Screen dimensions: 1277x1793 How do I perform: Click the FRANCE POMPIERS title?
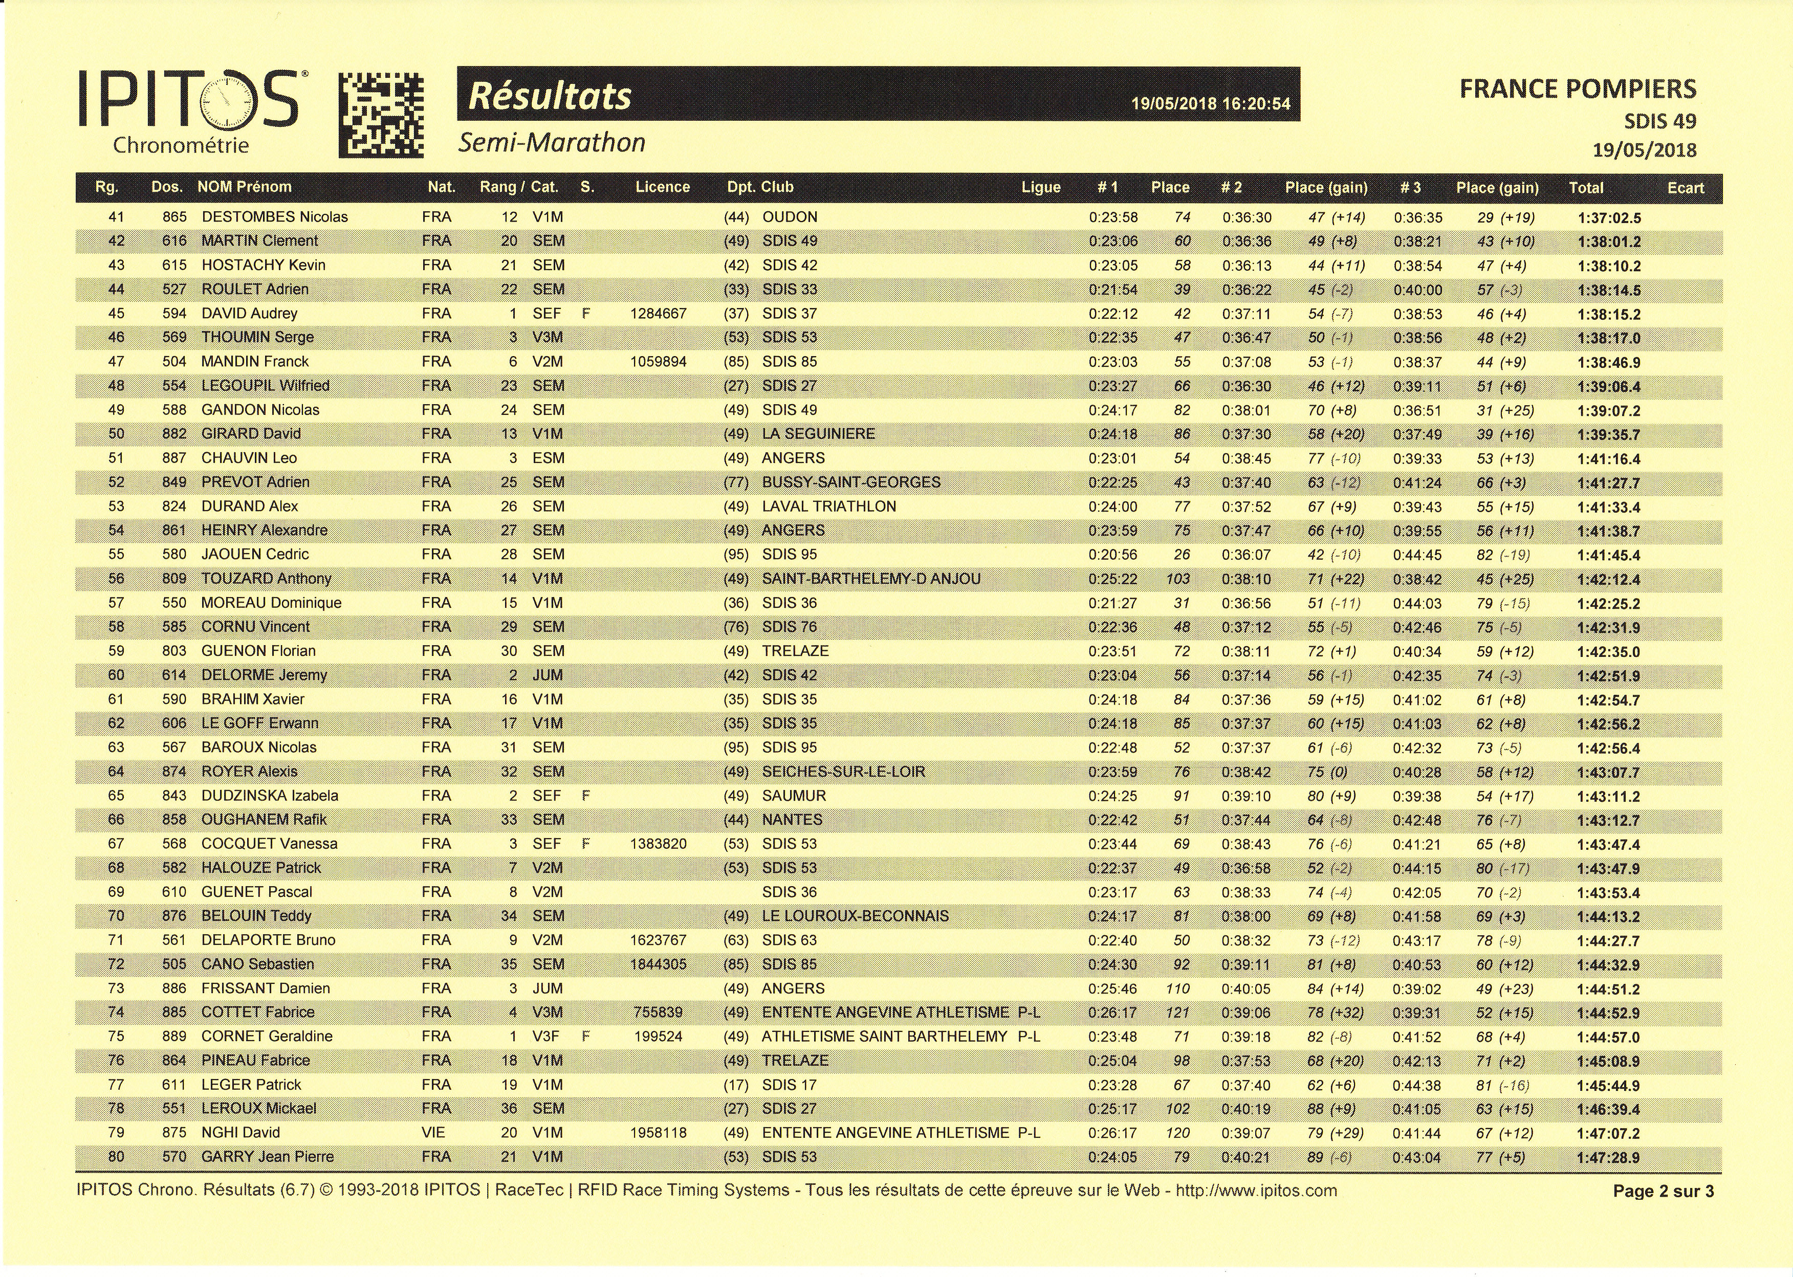[1578, 89]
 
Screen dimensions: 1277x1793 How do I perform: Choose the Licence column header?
[662, 187]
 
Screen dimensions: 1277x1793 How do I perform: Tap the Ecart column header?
[1685, 188]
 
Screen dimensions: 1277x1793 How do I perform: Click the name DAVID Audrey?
[249, 314]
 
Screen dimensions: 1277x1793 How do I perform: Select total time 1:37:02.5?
[1609, 218]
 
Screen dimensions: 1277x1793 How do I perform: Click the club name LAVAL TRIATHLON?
[829, 507]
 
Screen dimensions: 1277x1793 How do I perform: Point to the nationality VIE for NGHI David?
[433, 1132]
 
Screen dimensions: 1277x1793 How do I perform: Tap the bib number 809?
[174, 579]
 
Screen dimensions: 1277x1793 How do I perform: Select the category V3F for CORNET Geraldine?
[546, 1037]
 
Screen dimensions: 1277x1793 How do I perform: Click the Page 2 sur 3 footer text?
[1663, 1191]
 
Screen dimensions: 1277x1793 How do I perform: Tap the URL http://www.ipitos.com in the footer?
[1256, 1190]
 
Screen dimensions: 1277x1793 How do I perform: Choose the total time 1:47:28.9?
[1609, 1157]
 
